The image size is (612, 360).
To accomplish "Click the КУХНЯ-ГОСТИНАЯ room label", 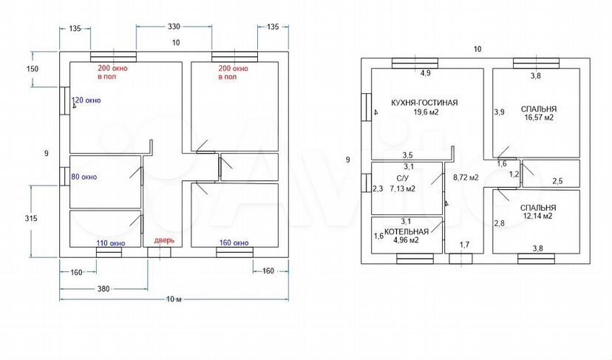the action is click(424, 103).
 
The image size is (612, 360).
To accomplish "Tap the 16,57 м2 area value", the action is click(539, 117).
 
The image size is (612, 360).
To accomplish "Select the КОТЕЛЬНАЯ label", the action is click(407, 231).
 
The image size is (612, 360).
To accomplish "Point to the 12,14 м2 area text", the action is click(538, 216).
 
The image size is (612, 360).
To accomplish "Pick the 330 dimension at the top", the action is click(174, 27).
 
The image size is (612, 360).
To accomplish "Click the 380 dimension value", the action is click(103, 289).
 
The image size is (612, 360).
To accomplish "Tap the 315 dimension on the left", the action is click(31, 218).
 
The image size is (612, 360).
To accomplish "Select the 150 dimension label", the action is click(33, 69).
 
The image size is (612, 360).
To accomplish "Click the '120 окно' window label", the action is click(86, 101).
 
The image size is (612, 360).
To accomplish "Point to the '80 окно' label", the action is click(84, 177).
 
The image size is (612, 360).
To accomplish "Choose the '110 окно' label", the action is click(111, 243).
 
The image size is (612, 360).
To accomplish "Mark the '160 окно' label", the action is click(234, 243).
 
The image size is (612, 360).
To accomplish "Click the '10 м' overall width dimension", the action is click(174, 299).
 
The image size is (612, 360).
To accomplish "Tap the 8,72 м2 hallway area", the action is click(466, 177).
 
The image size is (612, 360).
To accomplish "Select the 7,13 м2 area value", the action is click(402, 189).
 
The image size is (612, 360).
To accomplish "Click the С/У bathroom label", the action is click(403, 179).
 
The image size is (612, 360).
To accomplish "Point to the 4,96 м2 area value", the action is click(407, 240).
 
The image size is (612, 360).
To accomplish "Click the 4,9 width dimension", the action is click(426, 72).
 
